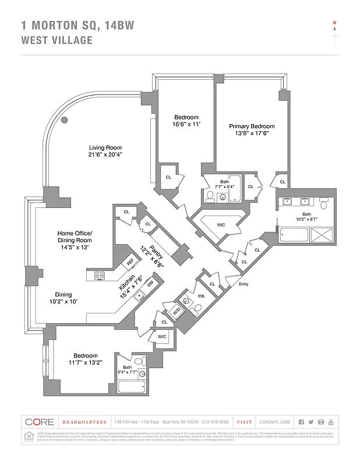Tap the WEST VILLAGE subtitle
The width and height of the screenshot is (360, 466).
pos(57,40)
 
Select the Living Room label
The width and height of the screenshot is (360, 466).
pos(105,147)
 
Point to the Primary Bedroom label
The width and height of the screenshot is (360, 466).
pos(252,126)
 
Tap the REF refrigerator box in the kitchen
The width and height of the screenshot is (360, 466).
pos(131,263)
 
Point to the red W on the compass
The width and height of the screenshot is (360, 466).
pos(335,24)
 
